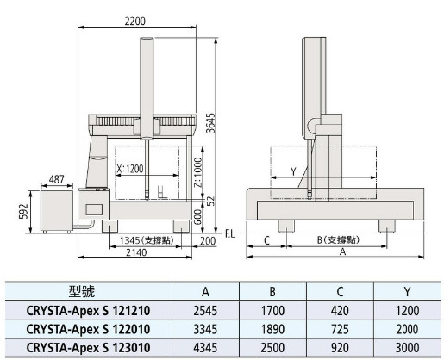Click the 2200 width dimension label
[x=135, y=22]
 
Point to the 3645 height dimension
[x=211, y=123]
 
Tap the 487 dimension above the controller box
[x=57, y=179]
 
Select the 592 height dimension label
[x=23, y=211]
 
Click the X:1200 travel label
[x=130, y=169]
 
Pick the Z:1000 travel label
[x=198, y=172]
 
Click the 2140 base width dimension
[x=136, y=252]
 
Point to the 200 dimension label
[x=208, y=241]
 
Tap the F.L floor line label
[x=230, y=234]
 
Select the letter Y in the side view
[x=293, y=171]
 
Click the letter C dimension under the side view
[x=266, y=240]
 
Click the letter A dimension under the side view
[x=342, y=251]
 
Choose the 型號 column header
[x=82, y=291]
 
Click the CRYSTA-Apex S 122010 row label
[x=88, y=329]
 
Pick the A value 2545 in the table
[x=205, y=311]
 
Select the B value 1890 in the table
[x=272, y=329]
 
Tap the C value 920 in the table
[x=340, y=348]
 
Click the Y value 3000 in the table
[x=407, y=348]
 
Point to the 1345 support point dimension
[x=147, y=240]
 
